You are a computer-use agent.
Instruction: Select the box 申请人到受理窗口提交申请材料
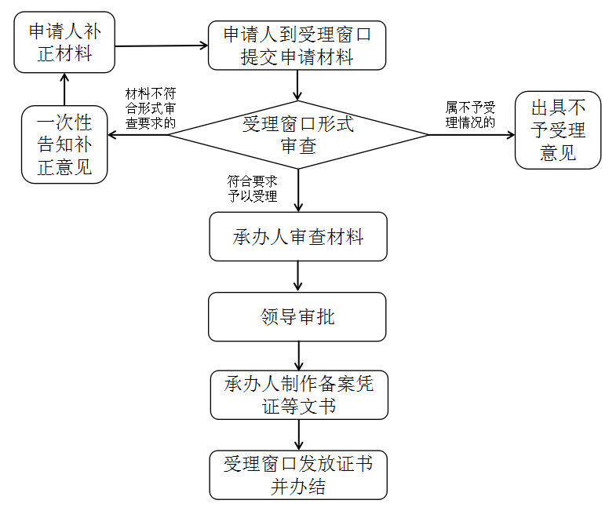click(x=297, y=46)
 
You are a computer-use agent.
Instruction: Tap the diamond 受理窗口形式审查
click(x=298, y=134)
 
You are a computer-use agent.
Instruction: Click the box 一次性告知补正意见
click(x=64, y=145)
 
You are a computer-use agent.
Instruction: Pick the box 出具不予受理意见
click(x=558, y=130)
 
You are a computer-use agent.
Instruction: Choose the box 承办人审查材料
click(x=298, y=236)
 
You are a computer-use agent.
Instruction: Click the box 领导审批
click(x=297, y=316)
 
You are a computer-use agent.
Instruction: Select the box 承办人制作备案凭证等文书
click(x=298, y=395)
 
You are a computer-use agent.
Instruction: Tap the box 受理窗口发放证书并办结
click(x=298, y=475)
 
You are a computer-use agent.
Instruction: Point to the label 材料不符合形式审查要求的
click(x=151, y=108)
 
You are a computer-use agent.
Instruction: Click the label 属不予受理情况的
click(x=471, y=114)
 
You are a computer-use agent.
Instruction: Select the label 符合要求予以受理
click(x=253, y=188)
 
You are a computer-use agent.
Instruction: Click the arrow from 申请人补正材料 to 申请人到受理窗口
click(x=161, y=46)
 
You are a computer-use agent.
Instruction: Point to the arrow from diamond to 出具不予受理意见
click(x=471, y=135)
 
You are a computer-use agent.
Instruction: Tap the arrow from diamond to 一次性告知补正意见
click(x=137, y=135)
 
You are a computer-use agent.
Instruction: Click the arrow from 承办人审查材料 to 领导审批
click(x=298, y=276)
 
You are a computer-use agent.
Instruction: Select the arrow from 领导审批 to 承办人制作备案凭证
click(x=298, y=356)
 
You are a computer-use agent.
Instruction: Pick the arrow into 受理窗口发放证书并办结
click(x=298, y=435)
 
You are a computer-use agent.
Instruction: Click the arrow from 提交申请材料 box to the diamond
click(x=297, y=85)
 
